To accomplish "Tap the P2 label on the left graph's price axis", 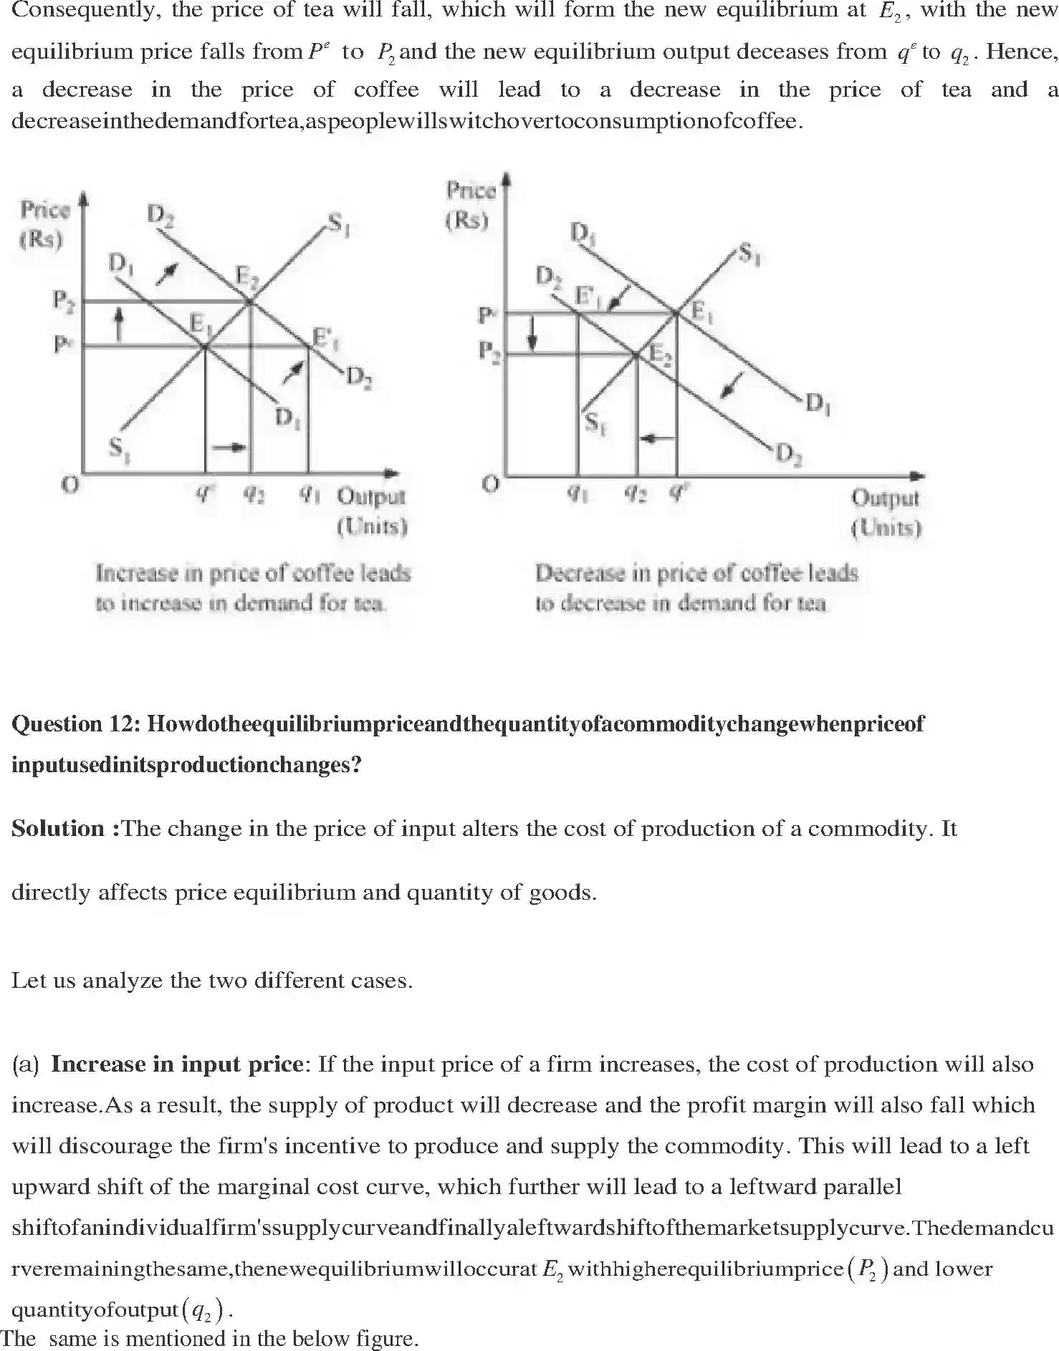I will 64,301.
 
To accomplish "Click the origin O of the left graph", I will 70,486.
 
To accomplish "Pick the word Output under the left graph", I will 371,496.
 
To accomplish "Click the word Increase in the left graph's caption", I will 137,574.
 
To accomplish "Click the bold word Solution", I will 58,829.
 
